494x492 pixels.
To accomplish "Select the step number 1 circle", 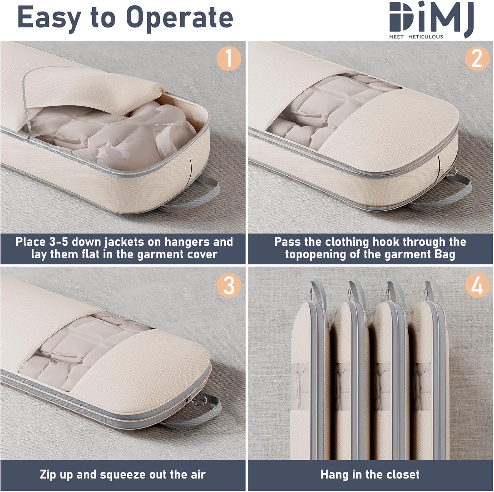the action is (229, 59).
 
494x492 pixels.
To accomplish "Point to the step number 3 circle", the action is (229, 285).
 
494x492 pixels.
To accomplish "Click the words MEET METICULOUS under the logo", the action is (416, 37).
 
